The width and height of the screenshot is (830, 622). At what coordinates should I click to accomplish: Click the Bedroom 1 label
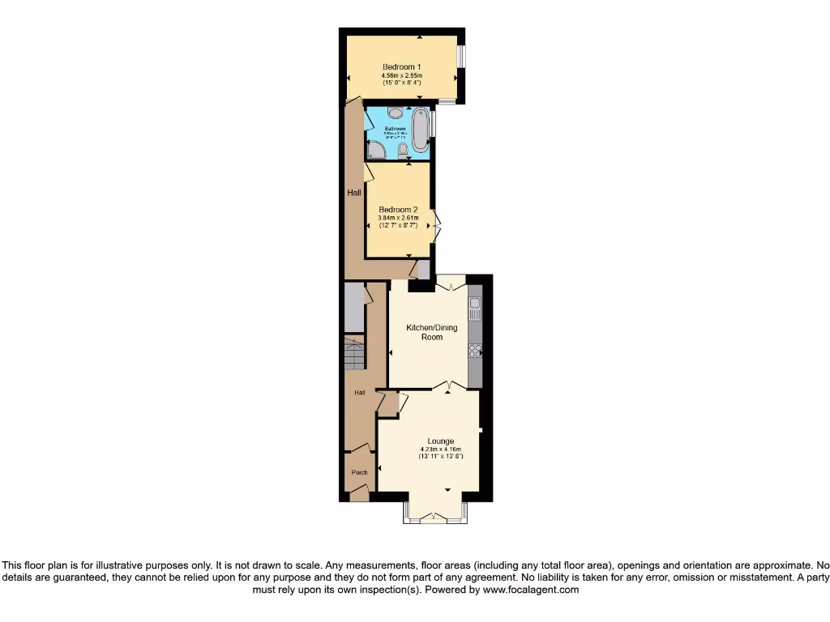(x=402, y=66)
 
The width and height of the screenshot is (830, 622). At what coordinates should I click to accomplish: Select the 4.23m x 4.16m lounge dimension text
(x=441, y=449)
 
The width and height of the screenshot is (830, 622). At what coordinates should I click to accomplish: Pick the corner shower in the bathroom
(x=375, y=151)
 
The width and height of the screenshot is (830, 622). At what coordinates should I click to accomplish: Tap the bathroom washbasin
(x=394, y=113)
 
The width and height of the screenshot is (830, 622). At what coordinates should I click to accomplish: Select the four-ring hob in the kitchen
(x=475, y=351)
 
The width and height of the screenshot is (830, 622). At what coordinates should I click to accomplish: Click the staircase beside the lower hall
(x=355, y=354)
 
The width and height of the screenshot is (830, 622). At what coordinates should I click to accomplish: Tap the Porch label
(x=359, y=472)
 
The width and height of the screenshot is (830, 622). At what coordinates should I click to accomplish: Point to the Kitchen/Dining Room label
(x=431, y=332)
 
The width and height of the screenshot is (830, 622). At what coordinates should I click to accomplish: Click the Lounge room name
(x=441, y=441)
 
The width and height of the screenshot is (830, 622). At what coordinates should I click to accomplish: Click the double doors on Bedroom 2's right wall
(x=436, y=225)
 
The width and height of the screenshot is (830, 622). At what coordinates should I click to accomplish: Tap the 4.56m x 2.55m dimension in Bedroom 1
(x=402, y=76)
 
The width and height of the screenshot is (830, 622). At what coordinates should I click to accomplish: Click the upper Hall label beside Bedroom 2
(x=354, y=193)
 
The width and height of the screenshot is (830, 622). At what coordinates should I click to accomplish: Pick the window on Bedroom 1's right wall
(x=460, y=56)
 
